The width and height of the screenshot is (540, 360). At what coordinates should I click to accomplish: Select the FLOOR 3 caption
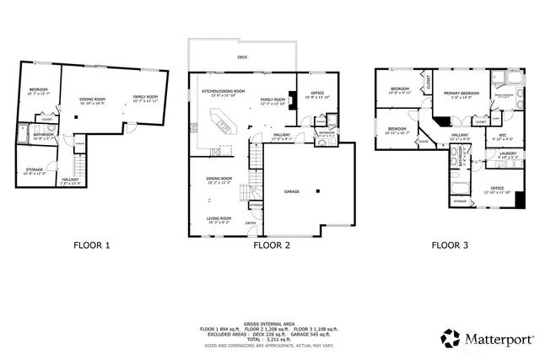pos(451,245)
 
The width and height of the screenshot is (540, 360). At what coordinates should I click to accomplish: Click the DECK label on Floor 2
pos(243,57)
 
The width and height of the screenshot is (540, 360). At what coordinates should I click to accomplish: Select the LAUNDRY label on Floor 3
pos(508,153)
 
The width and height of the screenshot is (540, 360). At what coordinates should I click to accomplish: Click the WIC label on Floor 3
pos(502,135)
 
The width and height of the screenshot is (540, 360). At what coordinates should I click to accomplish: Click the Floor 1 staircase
pos(79,152)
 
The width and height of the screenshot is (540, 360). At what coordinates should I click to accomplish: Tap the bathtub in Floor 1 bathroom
pos(23,135)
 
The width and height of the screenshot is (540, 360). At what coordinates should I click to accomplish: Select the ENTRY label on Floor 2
pos(251,223)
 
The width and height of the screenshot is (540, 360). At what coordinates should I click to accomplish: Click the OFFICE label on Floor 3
pos(497,188)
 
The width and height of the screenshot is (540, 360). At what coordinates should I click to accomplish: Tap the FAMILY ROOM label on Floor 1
pos(146,98)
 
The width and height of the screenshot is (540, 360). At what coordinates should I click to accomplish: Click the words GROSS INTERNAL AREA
pos(269,322)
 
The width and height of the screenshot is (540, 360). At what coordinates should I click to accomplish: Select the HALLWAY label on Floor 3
pos(460,134)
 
